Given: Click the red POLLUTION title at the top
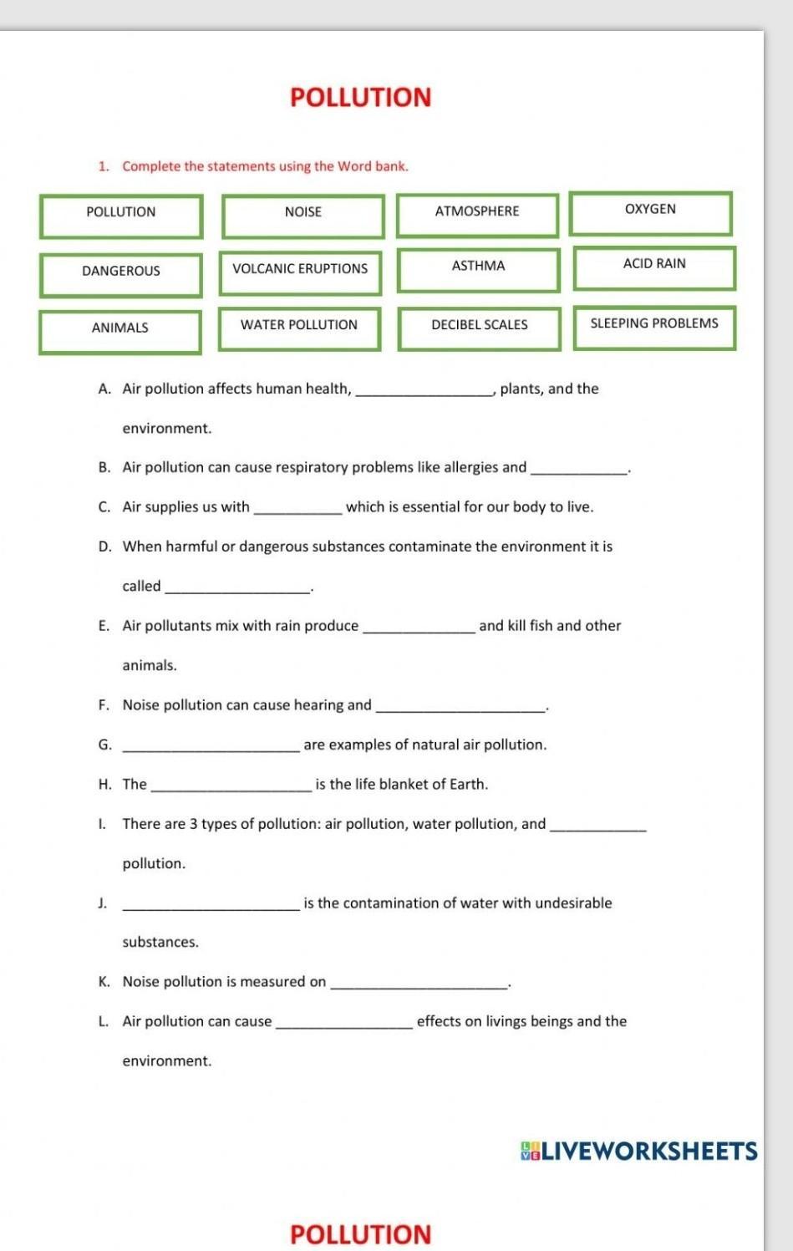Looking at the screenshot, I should (x=360, y=98).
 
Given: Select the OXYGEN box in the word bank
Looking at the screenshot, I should (x=650, y=213).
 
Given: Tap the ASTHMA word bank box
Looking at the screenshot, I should (x=478, y=270).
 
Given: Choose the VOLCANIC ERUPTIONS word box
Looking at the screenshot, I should (x=300, y=272).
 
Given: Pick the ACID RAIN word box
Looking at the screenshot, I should (x=654, y=267).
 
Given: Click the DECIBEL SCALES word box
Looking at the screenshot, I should (x=479, y=328).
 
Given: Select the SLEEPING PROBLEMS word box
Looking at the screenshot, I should (x=654, y=327).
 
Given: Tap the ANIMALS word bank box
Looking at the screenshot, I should (x=120, y=331).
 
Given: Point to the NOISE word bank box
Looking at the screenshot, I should (x=302, y=216).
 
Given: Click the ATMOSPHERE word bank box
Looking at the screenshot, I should (x=477, y=215).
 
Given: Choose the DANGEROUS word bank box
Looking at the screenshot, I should (x=120, y=274).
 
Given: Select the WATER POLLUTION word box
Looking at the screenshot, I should (x=299, y=328).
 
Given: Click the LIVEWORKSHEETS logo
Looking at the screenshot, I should (x=639, y=1152).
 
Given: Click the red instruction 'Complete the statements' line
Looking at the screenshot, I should (x=265, y=166).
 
